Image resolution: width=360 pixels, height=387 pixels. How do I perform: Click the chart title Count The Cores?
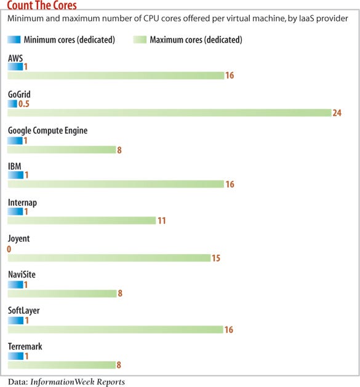coord(42,6)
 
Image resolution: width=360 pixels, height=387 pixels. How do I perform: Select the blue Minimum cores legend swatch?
coord(14,40)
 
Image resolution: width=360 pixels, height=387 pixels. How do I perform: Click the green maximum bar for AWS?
coord(116,76)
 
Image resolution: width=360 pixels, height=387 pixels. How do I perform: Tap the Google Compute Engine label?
coord(47,130)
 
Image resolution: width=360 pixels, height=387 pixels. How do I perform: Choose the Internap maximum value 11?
coord(162,221)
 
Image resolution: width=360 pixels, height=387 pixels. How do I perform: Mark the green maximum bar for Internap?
coord(81,220)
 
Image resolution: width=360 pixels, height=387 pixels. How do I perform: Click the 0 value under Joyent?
coord(9,249)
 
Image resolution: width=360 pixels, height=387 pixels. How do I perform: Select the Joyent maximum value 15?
coord(216,258)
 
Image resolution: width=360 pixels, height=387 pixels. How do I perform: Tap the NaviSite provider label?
coord(22,274)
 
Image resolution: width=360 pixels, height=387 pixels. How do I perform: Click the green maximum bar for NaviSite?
coord(62,293)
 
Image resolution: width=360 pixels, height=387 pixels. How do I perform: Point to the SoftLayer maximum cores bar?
coord(115,330)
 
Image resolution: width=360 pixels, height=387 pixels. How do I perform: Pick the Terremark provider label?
coord(24,347)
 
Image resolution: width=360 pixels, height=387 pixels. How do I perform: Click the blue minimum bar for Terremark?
coord(15,356)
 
